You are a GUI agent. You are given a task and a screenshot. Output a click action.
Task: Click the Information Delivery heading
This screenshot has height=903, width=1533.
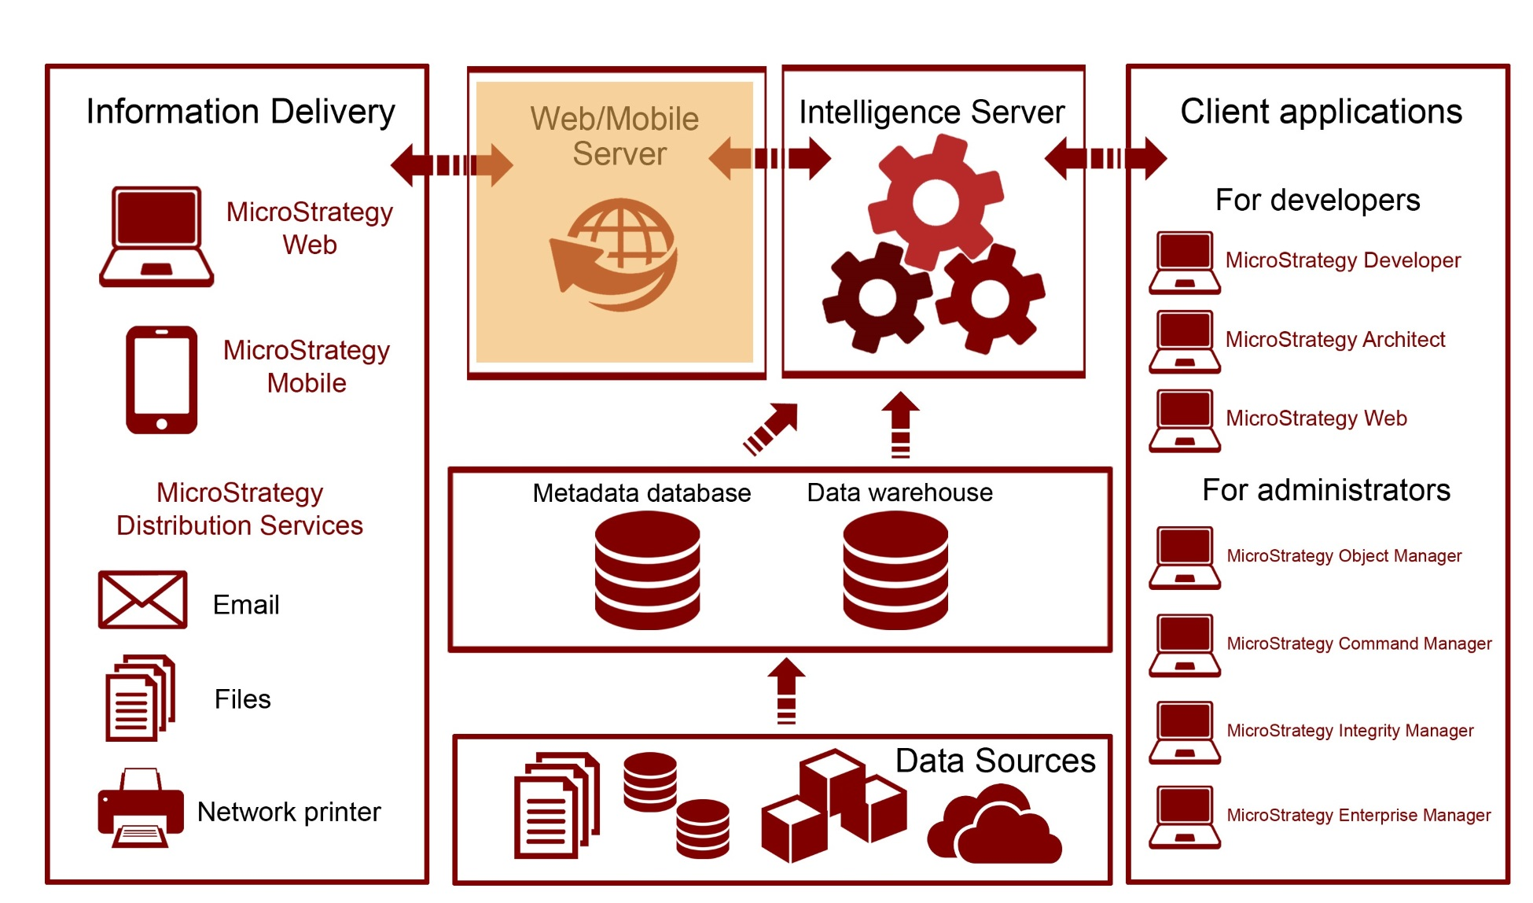click(x=240, y=112)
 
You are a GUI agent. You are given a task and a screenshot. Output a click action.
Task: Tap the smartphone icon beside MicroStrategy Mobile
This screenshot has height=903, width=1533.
click(x=161, y=380)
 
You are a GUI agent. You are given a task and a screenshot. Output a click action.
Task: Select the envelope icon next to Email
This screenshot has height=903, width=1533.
click(x=142, y=600)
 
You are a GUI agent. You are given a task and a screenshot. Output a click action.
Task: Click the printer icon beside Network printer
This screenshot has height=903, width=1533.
click(x=141, y=808)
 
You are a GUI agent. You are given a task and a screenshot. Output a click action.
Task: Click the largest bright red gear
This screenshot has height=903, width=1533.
click(x=936, y=202)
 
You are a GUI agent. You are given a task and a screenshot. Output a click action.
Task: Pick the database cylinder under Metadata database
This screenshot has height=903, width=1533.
click(x=647, y=569)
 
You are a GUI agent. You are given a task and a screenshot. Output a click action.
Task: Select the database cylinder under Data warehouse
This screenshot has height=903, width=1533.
click(x=895, y=569)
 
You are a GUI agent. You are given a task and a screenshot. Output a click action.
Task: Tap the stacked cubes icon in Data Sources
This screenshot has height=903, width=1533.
click(x=833, y=806)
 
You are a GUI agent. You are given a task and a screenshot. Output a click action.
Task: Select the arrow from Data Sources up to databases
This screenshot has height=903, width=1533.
click(x=786, y=690)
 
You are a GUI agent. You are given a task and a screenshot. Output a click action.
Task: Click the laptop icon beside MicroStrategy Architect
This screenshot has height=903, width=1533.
click(x=1185, y=341)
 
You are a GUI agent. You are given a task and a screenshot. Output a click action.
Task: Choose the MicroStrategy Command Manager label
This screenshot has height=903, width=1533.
click(x=1358, y=643)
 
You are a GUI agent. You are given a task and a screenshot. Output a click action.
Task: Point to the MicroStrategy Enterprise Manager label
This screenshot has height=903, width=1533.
click(x=1358, y=815)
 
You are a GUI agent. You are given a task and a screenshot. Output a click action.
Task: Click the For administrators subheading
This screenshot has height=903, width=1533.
click(x=1325, y=490)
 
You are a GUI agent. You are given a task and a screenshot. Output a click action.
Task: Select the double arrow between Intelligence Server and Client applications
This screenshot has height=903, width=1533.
click(x=1105, y=158)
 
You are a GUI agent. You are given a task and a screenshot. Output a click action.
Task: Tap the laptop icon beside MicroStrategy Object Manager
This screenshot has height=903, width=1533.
click(x=1185, y=558)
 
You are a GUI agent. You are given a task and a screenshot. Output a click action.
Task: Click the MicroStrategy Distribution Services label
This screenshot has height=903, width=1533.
click(x=240, y=509)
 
